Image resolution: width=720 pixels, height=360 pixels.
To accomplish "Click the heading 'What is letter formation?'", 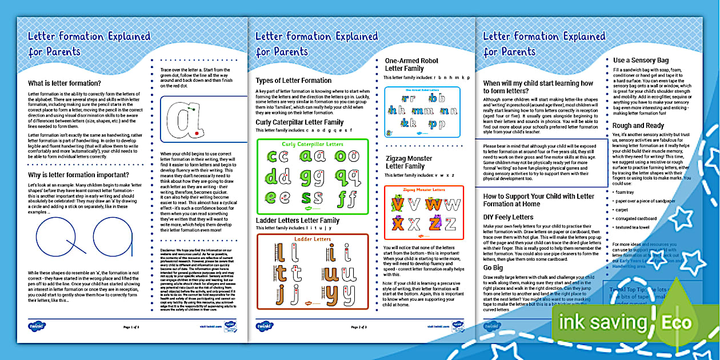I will (65, 83).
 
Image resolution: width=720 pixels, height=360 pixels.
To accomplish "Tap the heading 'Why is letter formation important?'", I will (79, 174).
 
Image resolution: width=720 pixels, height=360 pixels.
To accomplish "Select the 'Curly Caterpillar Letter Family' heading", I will (299, 122).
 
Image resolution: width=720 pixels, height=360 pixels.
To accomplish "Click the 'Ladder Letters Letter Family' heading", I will (297, 221).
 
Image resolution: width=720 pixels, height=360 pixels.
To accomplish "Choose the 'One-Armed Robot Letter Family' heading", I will (411, 65).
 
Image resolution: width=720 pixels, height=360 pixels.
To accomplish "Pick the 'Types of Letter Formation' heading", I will (293, 81).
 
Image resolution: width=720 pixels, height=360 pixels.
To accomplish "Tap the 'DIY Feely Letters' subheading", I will (509, 217).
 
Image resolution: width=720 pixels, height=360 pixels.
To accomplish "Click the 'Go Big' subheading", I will (493, 267).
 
